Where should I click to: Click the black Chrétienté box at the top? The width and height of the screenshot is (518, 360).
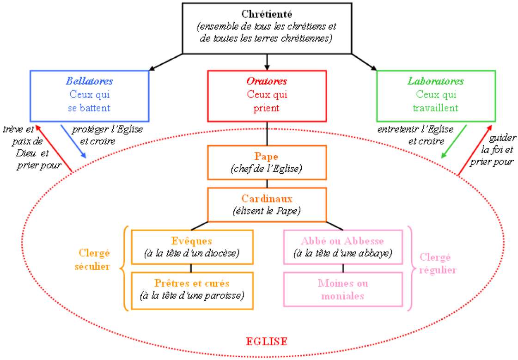pos(267,28)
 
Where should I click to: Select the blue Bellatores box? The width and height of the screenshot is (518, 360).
pos(90,95)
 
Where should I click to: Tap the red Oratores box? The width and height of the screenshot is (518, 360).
pos(267,95)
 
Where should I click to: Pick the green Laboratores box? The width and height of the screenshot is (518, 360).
pos(436,95)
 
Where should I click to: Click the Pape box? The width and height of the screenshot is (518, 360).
pos(267,162)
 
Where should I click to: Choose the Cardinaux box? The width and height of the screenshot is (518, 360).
pos(267,204)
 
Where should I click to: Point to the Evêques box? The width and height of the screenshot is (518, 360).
pos(192,247)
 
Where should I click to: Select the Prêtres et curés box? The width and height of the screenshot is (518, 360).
pos(192,290)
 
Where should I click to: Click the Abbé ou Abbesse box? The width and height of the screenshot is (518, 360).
pos(343,247)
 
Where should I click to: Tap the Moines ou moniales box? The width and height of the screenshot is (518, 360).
pos(343,289)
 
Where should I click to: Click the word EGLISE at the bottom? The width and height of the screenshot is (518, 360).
pos(267,342)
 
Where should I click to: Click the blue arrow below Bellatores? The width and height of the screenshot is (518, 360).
pos(73,141)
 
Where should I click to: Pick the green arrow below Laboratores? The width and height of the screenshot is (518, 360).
pos(454,141)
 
